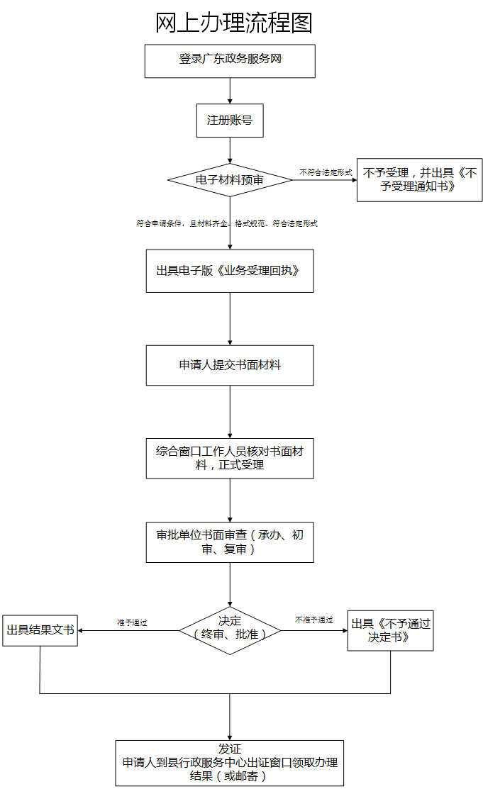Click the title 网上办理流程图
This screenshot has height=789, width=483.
tap(233, 23)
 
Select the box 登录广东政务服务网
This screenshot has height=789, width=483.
tap(230, 61)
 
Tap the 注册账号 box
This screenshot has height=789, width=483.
tap(230, 121)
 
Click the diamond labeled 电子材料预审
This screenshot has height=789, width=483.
tap(230, 180)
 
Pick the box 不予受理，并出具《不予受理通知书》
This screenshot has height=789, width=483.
tap(419, 180)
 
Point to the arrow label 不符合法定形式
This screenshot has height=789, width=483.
tap(326, 172)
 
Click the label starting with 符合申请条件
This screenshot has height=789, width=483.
tap(227, 223)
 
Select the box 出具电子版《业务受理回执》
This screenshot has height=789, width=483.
tap(230, 271)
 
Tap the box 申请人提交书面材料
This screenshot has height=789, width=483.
tap(230, 366)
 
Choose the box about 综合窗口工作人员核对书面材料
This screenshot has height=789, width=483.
tap(230, 458)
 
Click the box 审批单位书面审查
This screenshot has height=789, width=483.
tap(230, 542)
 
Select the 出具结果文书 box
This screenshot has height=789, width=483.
tap(40, 629)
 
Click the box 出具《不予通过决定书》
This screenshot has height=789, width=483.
tap(390, 630)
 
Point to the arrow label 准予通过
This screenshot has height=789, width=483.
tap(132, 622)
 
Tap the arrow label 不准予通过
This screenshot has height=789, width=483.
tap(314, 620)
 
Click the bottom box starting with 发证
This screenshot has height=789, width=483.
tap(230, 763)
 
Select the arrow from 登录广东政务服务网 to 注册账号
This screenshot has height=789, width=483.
tap(230, 91)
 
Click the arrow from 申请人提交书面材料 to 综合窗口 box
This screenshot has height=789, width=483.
tap(230, 412)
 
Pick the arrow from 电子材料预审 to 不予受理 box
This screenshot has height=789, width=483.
tap(324, 180)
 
